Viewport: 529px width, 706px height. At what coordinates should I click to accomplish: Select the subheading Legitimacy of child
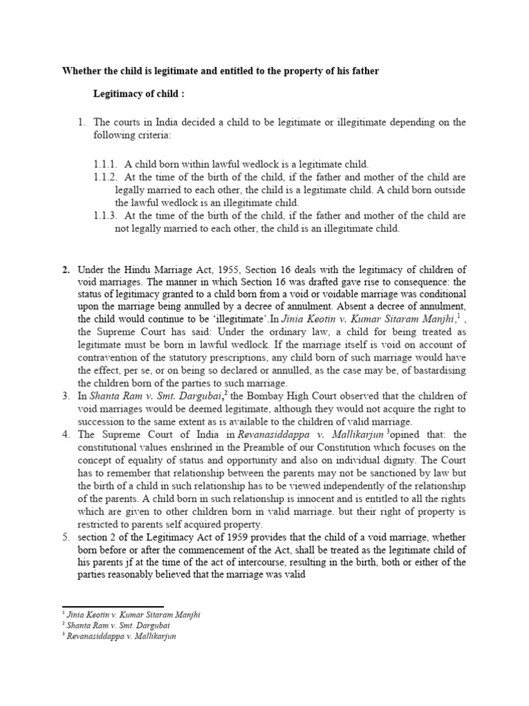[x=137, y=93]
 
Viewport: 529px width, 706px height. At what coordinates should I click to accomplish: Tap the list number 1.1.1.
[x=107, y=164]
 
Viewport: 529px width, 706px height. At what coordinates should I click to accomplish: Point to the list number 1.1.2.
[x=107, y=177]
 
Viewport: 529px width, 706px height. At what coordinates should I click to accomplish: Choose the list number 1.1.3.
[x=107, y=216]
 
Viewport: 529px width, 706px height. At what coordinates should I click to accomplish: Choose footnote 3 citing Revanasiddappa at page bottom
[x=118, y=636]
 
